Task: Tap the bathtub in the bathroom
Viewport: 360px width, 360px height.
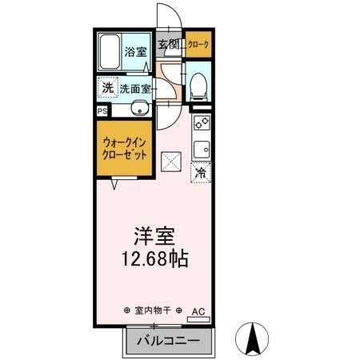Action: [x=110, y=53]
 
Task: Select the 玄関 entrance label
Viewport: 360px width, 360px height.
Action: [x=167, y=46]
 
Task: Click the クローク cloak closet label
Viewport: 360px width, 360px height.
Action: [x=200, y=46]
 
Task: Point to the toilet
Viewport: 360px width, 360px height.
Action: [x=198, y=85]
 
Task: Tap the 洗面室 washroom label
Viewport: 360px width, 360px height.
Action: [x=135, y=88]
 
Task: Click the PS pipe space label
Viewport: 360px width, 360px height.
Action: [x=102, y=111]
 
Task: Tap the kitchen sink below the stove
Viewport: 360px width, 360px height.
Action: [x=201, y=147]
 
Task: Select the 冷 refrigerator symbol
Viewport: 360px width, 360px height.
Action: [x=201, y=171]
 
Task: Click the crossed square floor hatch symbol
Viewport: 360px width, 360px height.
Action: [x=170, y=162]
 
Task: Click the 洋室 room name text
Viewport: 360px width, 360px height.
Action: [x=154, y=238]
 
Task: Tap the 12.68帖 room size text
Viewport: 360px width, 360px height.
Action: [x=154, y=260]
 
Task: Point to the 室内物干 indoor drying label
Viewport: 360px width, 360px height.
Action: [x=153, y=310]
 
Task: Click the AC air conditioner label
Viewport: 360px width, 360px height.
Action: [x=198, y=310]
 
